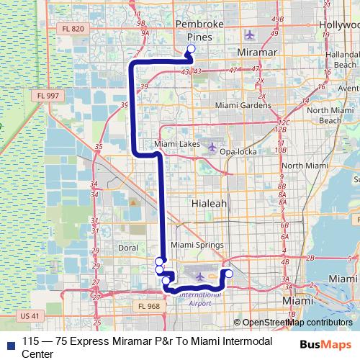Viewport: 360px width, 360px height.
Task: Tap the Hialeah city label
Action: [210, 204]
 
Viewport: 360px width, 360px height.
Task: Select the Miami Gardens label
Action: [240, 105]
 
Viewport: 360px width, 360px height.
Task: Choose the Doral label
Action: [127, 247]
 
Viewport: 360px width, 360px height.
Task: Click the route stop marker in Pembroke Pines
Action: [191, 50]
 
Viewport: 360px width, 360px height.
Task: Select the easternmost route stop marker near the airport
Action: [229, 273]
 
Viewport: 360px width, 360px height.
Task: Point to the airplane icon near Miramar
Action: [250, 35]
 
